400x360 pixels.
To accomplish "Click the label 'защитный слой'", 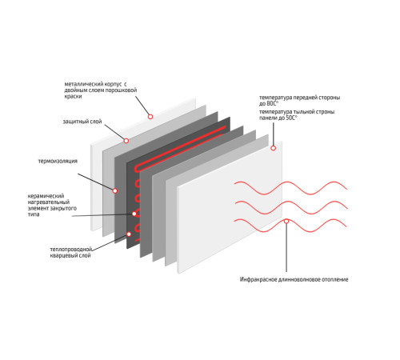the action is pyautogui.click(x=82, y=122).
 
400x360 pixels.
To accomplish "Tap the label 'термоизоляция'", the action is pyautogui.click(x=58, y=161).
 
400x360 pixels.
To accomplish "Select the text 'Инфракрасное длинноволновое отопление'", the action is pyautogui.click(x=294, y=279).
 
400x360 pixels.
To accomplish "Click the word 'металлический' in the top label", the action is pyautogui.click(x=80, y=84).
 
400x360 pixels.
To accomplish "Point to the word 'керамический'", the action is pyautogui.click(x=46, y=196).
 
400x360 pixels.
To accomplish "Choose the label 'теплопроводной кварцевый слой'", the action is pyautogui.click(x=71, y=252).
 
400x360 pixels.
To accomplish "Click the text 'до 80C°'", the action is pyautogui.click(x=269, y=103).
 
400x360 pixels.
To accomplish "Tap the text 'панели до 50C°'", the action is pyautogui.click(x=278, y=118).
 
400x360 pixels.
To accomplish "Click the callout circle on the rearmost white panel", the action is pyautogui.click(x=150, y=117).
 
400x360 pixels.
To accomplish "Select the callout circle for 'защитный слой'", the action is pyautogui.click(x=126, y=141).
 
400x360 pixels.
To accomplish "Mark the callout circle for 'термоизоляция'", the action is pyautogui.click(x=115, y=190).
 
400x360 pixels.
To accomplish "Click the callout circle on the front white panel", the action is pyautogui.click(x=273, y=148).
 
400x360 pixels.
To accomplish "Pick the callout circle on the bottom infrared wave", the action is pyautogui.click(x=286, y=221).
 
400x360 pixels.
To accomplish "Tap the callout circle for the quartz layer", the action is pyautogui.click(x=129, y=234).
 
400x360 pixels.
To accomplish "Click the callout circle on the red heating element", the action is pyautogui.click(x=134, y=214).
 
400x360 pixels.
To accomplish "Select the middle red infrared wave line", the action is pyautogui.click(x=290, y=206).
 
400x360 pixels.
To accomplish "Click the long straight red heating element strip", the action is pyautogui.click(x=180, y=150).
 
